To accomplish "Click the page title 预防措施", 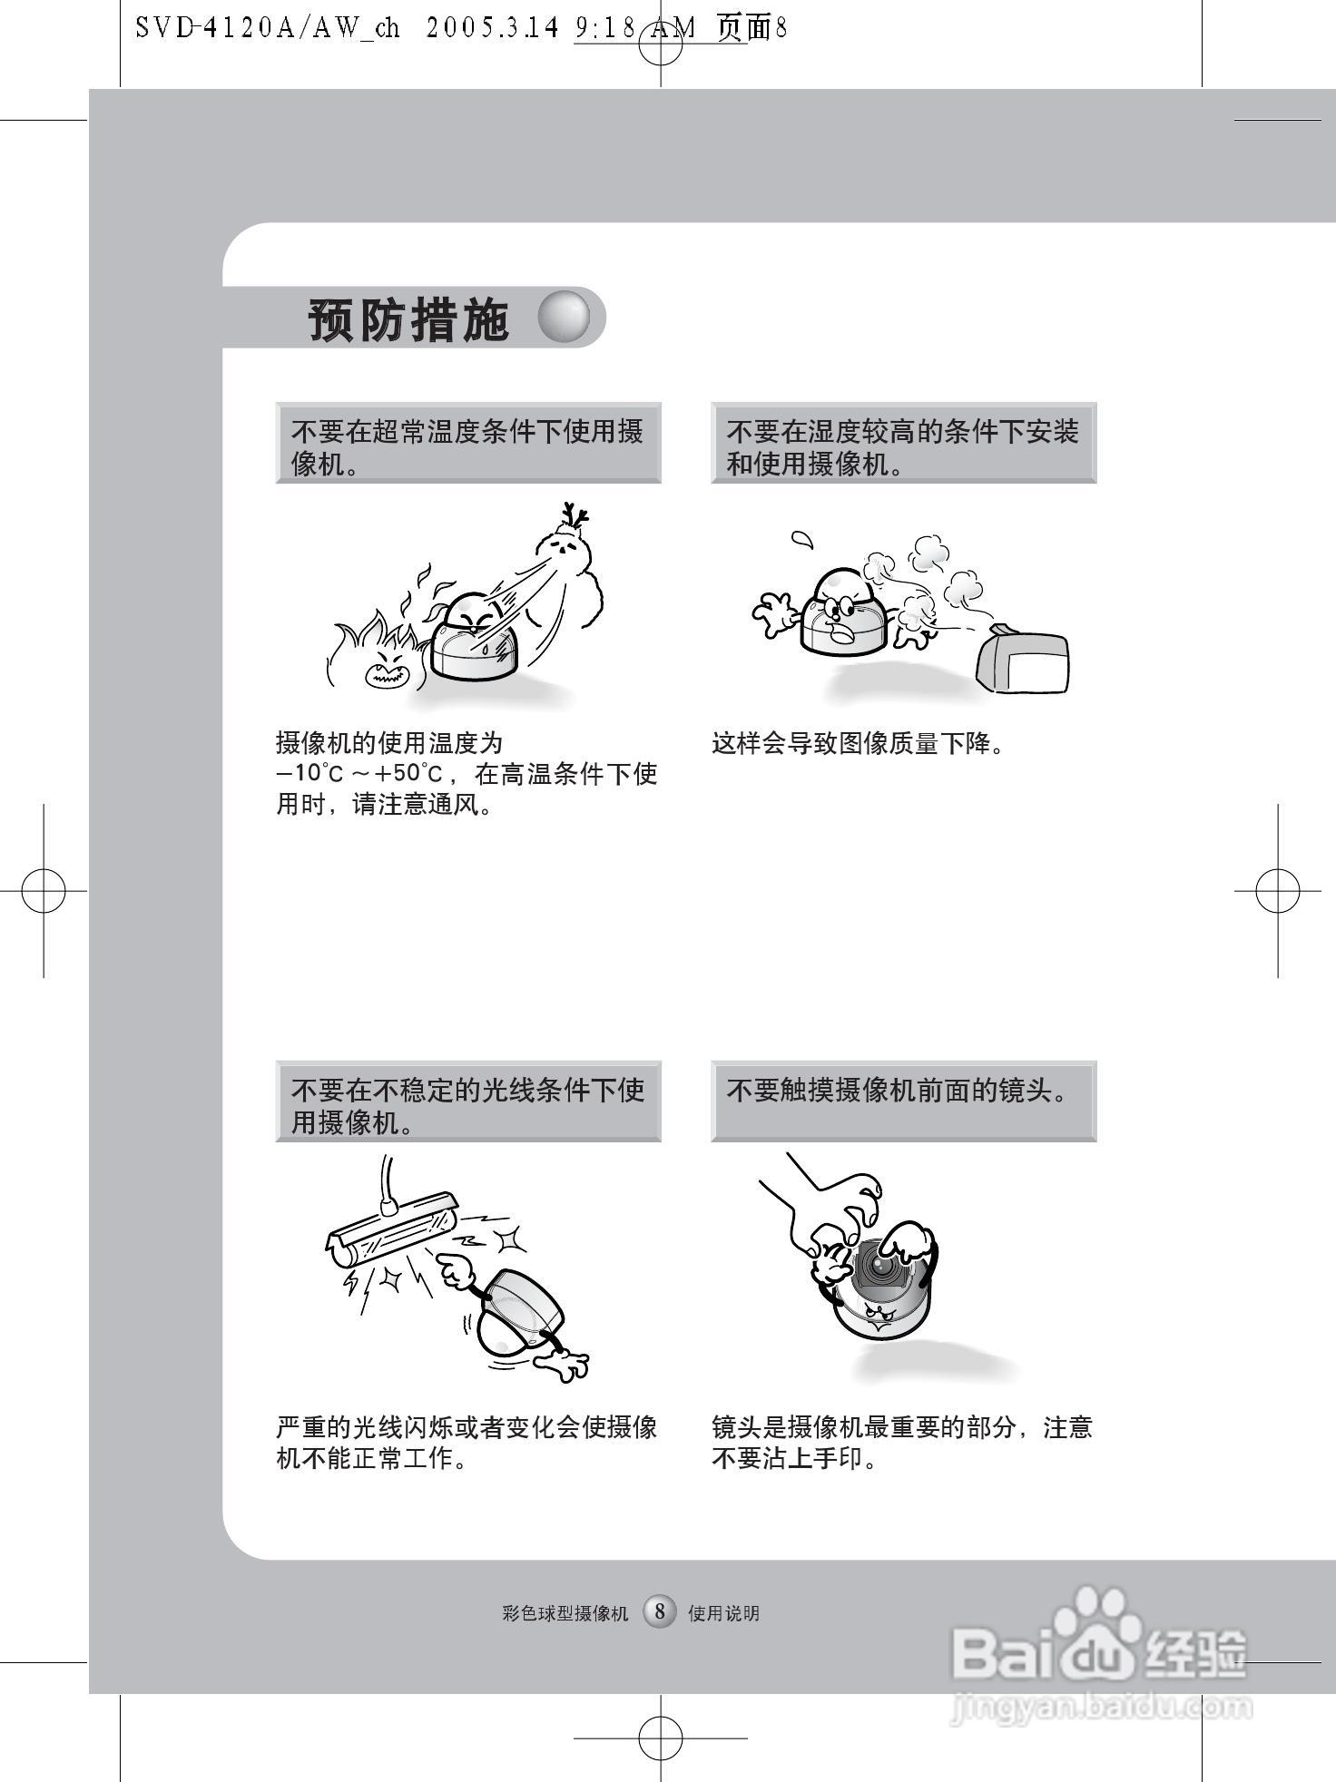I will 408,319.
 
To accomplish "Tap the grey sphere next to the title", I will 564,318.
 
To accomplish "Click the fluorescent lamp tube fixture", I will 390,1227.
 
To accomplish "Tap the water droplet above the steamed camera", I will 801,540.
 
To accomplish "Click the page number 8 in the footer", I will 660,1611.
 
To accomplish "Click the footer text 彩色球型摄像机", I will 565,1613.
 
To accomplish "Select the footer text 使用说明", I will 723,1613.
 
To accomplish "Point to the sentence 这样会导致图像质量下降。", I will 858,745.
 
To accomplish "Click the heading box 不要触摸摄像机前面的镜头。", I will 903,1100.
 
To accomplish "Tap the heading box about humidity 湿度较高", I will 903,443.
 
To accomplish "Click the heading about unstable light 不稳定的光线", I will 467,1100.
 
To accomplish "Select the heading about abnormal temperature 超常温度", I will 467,443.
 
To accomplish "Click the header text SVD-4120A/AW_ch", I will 268,27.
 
